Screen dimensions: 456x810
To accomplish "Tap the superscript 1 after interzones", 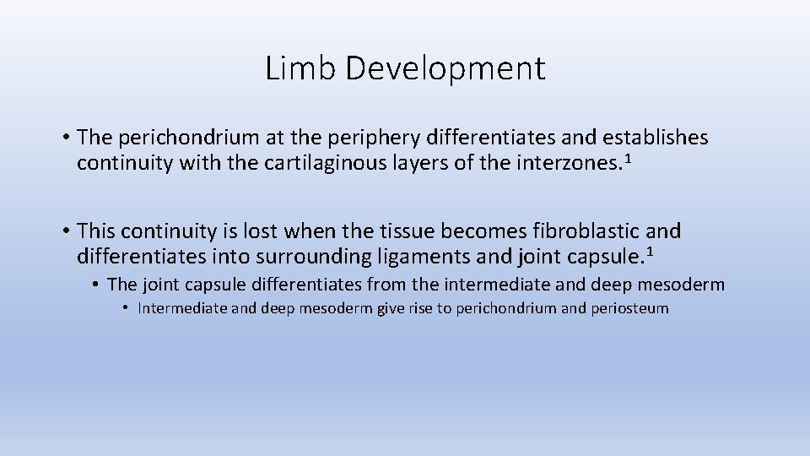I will (x=627, y=158).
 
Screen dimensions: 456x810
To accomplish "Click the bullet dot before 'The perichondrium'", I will (x=65, y=138).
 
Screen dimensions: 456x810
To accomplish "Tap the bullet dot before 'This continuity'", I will (x=65, y=231).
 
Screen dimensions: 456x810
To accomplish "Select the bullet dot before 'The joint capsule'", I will (x=97, y=285).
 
